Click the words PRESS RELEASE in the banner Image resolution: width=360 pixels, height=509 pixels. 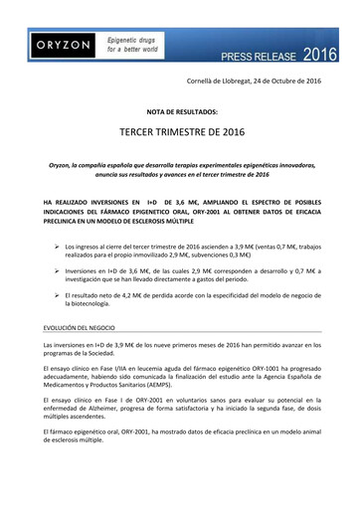click(x=253, y=56)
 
